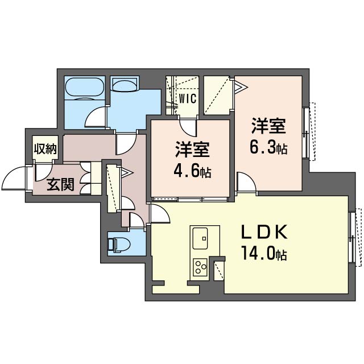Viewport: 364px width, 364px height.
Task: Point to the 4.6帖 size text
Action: (x=192, y=171)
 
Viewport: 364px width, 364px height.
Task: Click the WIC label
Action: (x=187, y=98)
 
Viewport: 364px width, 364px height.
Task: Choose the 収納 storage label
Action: (x=45, y=150)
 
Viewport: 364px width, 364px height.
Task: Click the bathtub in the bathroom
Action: (x=84, y=88)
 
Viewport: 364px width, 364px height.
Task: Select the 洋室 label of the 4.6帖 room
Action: (x=192, y=150)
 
